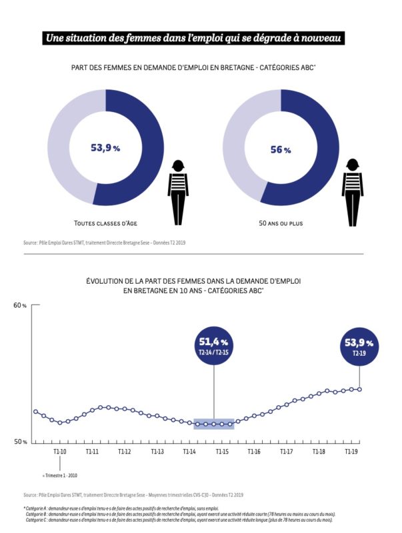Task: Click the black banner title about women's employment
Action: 193,38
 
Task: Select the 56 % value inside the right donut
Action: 281,149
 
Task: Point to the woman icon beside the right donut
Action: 352,192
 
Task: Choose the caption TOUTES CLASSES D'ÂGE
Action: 106,223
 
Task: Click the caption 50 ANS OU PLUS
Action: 281,223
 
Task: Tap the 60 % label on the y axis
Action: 19,306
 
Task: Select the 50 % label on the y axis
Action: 19,442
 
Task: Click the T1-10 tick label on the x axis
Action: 60,452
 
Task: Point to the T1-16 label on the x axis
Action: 254,452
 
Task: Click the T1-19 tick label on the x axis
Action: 351,452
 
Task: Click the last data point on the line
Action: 360,389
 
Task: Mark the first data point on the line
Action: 35,411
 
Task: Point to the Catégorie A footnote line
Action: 117,508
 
